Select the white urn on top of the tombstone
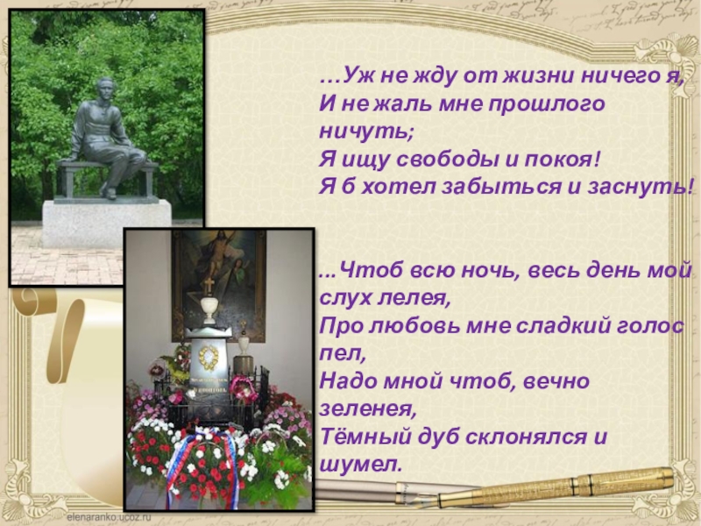(x=209, y=307)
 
